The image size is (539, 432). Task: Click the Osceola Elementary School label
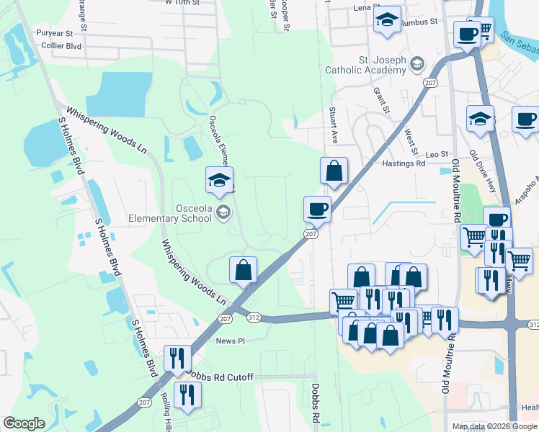pyautogui.click(x=170, y=212)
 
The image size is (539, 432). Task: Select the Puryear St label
pyautogui.click(x=55, y=33)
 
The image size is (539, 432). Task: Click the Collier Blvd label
pyautogui.click(x=61, y=46)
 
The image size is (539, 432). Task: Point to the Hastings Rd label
pyautogui.click(x=404, y=164)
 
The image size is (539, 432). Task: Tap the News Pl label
pyautogui.click(x=231, y=341)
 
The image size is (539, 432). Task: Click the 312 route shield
pyautogui.click(x=252, y=318)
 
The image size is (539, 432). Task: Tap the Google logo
pyautogui.click(x=24, y=423)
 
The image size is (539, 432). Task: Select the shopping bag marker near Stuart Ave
pyautogui.click(x=334, y=171)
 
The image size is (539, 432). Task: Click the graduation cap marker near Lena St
pyautogui.click(x=387, y=19)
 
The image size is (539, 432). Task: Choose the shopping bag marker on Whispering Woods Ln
pyautogui.click(x=244, y=269)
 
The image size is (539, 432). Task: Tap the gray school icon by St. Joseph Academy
pyautogui.click(x=416, y=66)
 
